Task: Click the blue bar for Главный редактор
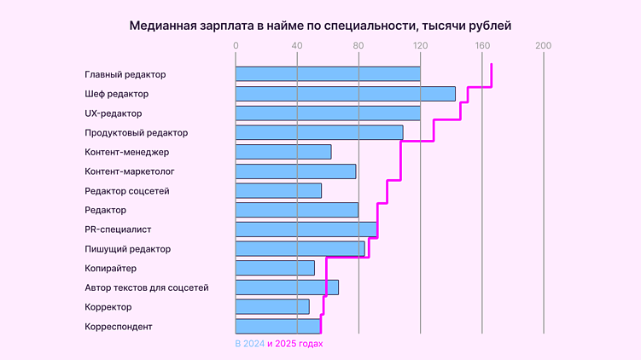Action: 328,74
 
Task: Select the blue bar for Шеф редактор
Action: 345,94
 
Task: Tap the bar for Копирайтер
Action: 275,268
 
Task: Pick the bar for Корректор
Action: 272,306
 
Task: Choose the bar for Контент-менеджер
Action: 283,152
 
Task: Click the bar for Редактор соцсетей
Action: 278,191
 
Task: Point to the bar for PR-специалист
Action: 306,229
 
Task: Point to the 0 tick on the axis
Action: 236,46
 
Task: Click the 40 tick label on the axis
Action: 297,46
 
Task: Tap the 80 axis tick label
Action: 358,46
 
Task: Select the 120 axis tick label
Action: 420,46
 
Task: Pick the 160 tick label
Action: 481,46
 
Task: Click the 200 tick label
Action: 543,46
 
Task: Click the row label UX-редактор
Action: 114,113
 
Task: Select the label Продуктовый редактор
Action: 137,133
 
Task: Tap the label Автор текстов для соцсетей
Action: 147,287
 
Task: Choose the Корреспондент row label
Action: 119,326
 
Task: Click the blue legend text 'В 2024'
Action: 250,344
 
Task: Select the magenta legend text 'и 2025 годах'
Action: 295,344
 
